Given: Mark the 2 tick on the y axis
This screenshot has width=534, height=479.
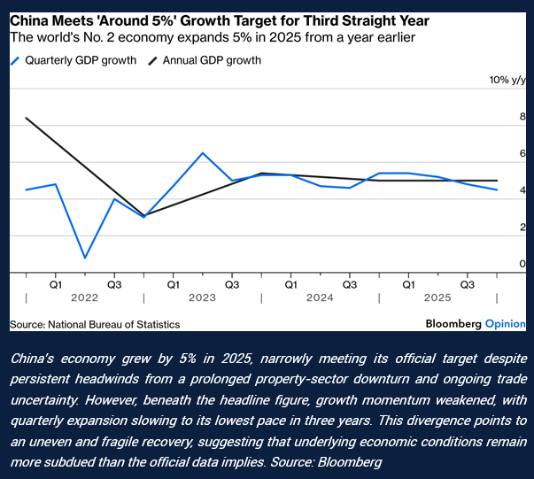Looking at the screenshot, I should (x=498, y=228).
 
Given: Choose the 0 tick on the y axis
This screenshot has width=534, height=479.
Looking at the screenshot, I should (x=498, y=264).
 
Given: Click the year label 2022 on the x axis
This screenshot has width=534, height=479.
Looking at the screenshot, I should (x=85, y=299).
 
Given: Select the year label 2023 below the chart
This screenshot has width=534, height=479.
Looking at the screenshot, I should (x=203, y=299).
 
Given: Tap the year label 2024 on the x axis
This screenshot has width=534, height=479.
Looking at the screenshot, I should (x=320, y=299).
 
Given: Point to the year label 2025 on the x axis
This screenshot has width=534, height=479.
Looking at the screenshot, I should (x=437, y=299).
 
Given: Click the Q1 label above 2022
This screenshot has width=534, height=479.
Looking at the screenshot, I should (x=56, y=285).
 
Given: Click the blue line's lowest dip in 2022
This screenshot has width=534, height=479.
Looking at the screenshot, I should (x=85, y=258).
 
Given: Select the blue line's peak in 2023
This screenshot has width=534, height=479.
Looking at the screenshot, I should (x=203, y=153).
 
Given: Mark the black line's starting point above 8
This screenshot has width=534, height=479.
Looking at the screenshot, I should (x=27, y=118).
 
